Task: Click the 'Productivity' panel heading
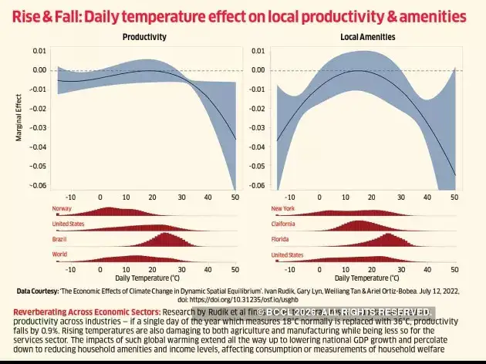coord(144,37)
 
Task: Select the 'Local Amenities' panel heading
coord(367,37)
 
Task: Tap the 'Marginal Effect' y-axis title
coord(19,118)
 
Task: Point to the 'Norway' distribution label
coord(62,208)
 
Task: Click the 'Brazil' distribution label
coord(60,239)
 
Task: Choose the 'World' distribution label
coord(60,254)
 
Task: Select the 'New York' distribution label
coord(283,208)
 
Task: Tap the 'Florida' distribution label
coord(281,239)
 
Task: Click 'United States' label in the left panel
coord(68,224)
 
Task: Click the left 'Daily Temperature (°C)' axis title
coord(147,276)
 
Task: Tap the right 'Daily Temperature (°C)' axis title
coord(367,276)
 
